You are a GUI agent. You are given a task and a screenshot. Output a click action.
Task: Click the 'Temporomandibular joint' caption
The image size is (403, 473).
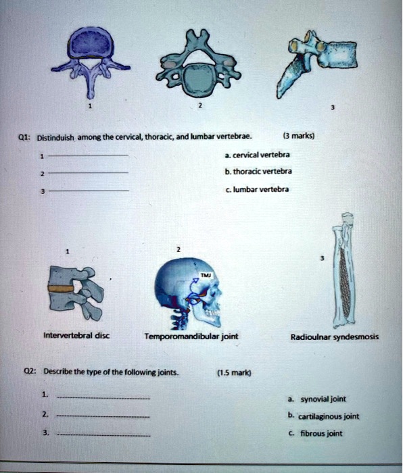[191, 336]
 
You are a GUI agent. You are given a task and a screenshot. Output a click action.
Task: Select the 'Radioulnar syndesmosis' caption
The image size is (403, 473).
[334, 337]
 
